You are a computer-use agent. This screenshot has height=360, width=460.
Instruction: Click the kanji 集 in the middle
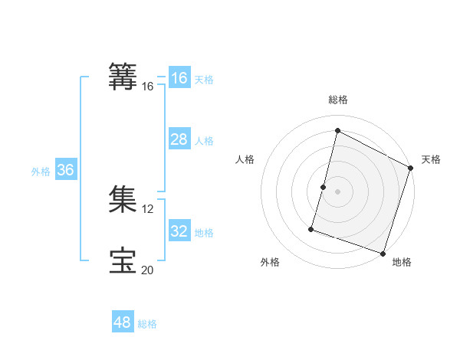point(123,198)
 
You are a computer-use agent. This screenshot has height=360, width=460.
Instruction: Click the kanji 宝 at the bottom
point(123,260)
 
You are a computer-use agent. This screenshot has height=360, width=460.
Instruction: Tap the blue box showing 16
point(179,78)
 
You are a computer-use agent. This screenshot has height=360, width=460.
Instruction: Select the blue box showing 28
point(179,139)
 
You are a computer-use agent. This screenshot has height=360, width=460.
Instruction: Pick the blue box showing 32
point(179,231)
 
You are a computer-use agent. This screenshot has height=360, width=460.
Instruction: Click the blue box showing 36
point(65,170)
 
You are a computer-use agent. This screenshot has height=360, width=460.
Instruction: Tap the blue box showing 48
point(123,322)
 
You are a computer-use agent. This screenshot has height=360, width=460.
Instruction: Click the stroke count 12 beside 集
point(148,209)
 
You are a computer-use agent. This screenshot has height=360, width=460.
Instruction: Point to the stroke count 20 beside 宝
point(148,270)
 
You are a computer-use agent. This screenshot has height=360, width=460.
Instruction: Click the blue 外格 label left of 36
point(41,172)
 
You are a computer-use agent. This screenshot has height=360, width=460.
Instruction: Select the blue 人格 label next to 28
point(204,141)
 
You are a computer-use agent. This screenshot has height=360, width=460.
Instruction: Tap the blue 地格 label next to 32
point(204,233)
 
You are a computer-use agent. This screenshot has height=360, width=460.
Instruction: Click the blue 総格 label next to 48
point(147,324)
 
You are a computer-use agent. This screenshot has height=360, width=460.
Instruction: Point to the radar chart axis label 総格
point(338,100)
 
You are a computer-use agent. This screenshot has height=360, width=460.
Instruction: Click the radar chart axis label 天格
point(431,159)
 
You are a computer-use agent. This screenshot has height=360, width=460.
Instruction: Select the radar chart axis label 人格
point(245,159)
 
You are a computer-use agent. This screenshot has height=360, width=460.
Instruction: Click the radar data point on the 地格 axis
point(383,253)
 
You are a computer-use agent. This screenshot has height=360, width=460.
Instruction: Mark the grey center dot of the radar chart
point(338,191)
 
